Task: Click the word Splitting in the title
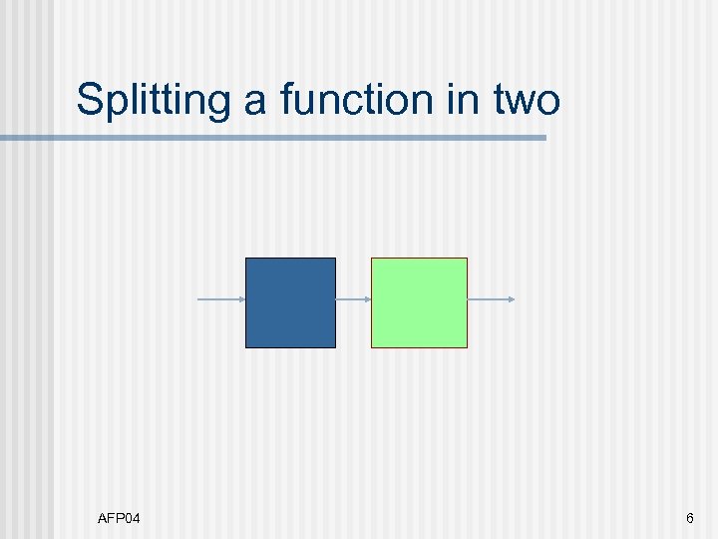coord(151,101)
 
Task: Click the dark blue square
coord(290,302)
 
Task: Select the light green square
coord(419,302)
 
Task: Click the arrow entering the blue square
coord(221,299)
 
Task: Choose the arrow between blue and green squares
coord(353,299)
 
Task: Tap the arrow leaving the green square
coord(491,299)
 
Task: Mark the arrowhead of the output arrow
coord(512,299)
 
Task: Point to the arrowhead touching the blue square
coord(242,299)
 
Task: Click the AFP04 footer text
coord(119,518)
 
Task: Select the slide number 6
coord(689,518)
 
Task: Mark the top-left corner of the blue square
coord(246,259)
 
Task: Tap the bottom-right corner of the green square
coord(466,346)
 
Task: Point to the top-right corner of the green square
coord(466,259)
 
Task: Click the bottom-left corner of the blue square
coord(246,346)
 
